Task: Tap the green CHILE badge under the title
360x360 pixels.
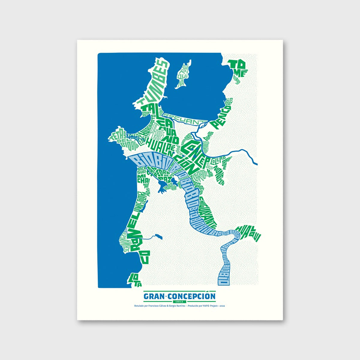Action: (180, 301)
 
